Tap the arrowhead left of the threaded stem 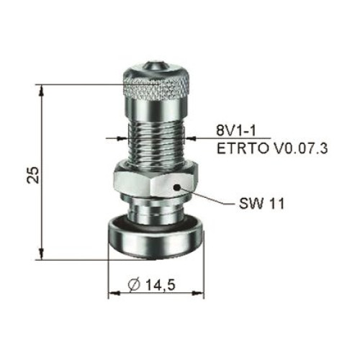[122, 138]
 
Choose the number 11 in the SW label [276, 204]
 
